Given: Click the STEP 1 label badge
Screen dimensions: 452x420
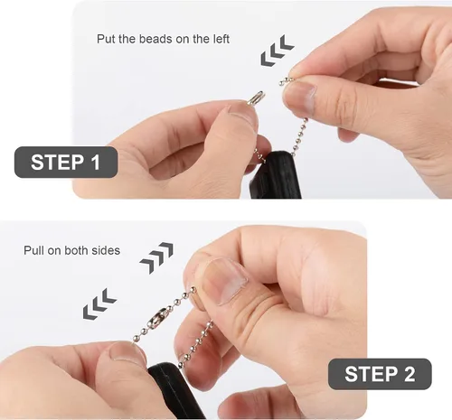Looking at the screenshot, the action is pos(66,162).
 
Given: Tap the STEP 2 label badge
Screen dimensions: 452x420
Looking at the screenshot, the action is pos(380,374).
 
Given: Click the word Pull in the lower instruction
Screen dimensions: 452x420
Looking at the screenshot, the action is pos(33,250).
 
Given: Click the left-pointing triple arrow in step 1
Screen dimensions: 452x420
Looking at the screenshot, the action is pos(278,51).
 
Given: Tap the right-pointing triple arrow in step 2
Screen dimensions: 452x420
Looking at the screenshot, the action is pos(156,257).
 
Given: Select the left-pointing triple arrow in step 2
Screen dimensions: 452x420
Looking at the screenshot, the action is pos(99,303).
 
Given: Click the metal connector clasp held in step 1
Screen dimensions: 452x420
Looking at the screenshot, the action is pos(256,98).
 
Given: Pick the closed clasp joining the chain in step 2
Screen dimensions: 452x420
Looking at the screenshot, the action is pos(156,319).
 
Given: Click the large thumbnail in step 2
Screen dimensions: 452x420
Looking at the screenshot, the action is pos(223,281).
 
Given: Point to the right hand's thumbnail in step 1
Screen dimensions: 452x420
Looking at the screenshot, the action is pos(301,97).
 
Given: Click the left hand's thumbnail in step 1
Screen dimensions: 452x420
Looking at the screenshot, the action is pos(242,116).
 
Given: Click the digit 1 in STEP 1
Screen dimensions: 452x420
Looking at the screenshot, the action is pos(96,162).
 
